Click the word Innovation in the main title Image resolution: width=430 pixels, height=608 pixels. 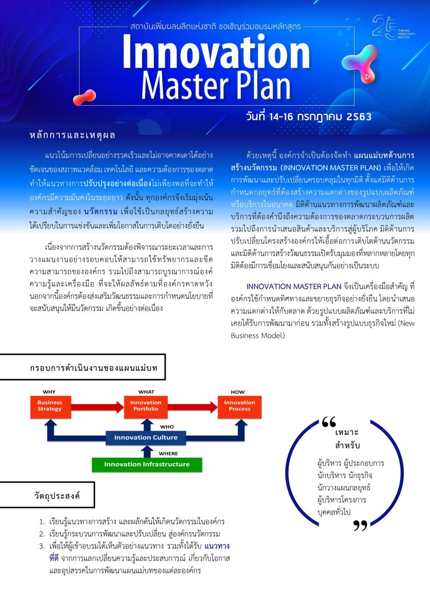(216, 52)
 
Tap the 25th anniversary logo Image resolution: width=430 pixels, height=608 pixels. (393, 28)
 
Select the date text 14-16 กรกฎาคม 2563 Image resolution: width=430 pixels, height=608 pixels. (321, 117)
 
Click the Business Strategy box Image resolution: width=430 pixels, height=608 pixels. (51, 407)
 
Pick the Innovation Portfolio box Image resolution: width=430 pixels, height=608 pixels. (146, 407)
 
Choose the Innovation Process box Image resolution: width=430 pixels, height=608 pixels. (240, 407)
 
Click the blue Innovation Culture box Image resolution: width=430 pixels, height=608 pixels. (146, 438)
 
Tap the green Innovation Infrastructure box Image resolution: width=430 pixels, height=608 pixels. (147, 464)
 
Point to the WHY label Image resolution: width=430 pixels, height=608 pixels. (49, 392)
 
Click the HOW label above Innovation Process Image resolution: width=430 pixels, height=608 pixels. (238, 392)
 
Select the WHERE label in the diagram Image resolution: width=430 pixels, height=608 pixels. (168, 454)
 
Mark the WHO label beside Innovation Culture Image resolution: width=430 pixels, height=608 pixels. (167, 427)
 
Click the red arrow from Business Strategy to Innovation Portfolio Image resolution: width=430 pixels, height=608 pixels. (98, 407)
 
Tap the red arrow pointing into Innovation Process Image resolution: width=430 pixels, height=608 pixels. (193, 407)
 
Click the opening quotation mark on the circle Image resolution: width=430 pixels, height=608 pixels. (329, 422)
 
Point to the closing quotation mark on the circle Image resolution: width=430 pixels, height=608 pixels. (360, 526)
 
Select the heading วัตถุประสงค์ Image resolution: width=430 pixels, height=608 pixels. (57, 496)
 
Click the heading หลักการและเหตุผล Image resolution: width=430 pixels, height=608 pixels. (73, 135)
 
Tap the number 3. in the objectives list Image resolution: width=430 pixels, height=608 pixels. (42, 546)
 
